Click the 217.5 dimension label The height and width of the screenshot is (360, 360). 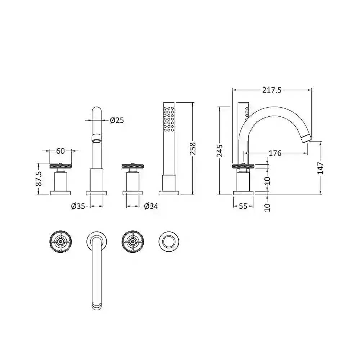coord(272,90)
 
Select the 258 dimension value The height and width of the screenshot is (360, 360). coord(193,148)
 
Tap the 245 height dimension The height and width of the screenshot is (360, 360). coord(220,150)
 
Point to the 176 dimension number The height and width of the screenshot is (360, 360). coord(275,153)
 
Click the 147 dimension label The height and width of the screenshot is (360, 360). coord(321,168)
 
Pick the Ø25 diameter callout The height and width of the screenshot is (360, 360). coord(117,120)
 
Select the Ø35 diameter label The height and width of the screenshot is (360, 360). coord(78,206)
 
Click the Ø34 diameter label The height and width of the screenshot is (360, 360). coord(151,206)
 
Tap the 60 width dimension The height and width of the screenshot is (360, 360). coord(60,151)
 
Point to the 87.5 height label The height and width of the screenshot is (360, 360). coord(39,179)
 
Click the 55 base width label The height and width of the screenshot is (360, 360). coord(243,206)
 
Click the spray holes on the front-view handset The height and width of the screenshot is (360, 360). coord(168,119)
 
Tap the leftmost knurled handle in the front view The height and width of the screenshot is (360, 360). coord(60,166)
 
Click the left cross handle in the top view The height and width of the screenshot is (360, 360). coord(60,241)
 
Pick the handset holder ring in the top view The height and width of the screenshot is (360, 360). coord(169,241)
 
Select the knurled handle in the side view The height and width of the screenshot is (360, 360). coord(243,166)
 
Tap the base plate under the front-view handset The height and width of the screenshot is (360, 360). coord(169,193)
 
